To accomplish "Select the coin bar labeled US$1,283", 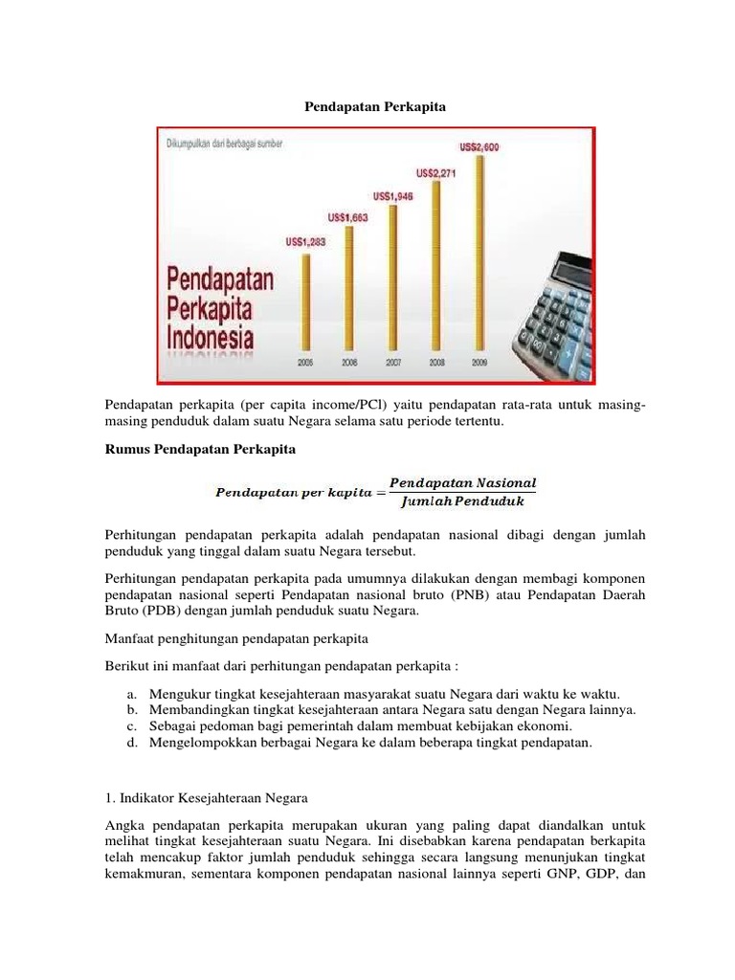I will click(x=306, y=302).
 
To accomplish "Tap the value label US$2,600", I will click(x=479, y=147).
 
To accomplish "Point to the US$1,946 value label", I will click(x=392, y=196).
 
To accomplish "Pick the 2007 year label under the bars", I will click(x=393, y=363).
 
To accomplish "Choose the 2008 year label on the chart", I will click(x=436, y=363).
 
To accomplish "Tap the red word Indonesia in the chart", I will click(x=212, y=338).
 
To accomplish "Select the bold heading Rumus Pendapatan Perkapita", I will click(x=201, y=449).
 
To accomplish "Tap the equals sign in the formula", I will click(x=379, y=492).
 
